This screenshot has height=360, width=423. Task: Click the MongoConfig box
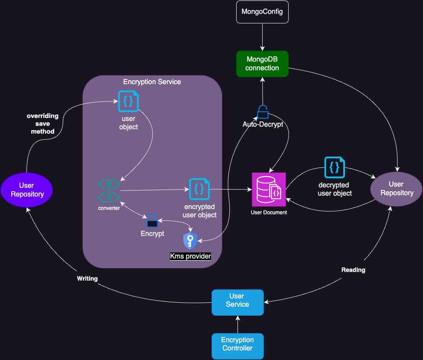[262, 12]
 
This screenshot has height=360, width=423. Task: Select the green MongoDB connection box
[262, 64]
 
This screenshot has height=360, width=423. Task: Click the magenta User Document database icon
[269, 190]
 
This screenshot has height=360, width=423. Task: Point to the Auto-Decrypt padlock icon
[263, 112]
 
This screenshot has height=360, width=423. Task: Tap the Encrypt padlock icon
[152, 221]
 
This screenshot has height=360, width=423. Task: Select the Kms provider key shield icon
[190, 241]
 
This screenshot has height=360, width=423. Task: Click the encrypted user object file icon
[199, 189]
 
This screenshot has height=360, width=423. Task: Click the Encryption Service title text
[152, 82]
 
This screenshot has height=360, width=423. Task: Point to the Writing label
[87, 278]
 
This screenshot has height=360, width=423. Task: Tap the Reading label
[353, 270]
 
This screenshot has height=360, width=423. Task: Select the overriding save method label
[42, 124]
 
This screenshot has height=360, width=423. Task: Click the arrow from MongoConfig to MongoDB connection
[262, 37]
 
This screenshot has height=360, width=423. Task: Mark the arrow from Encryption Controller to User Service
[237, 324]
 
